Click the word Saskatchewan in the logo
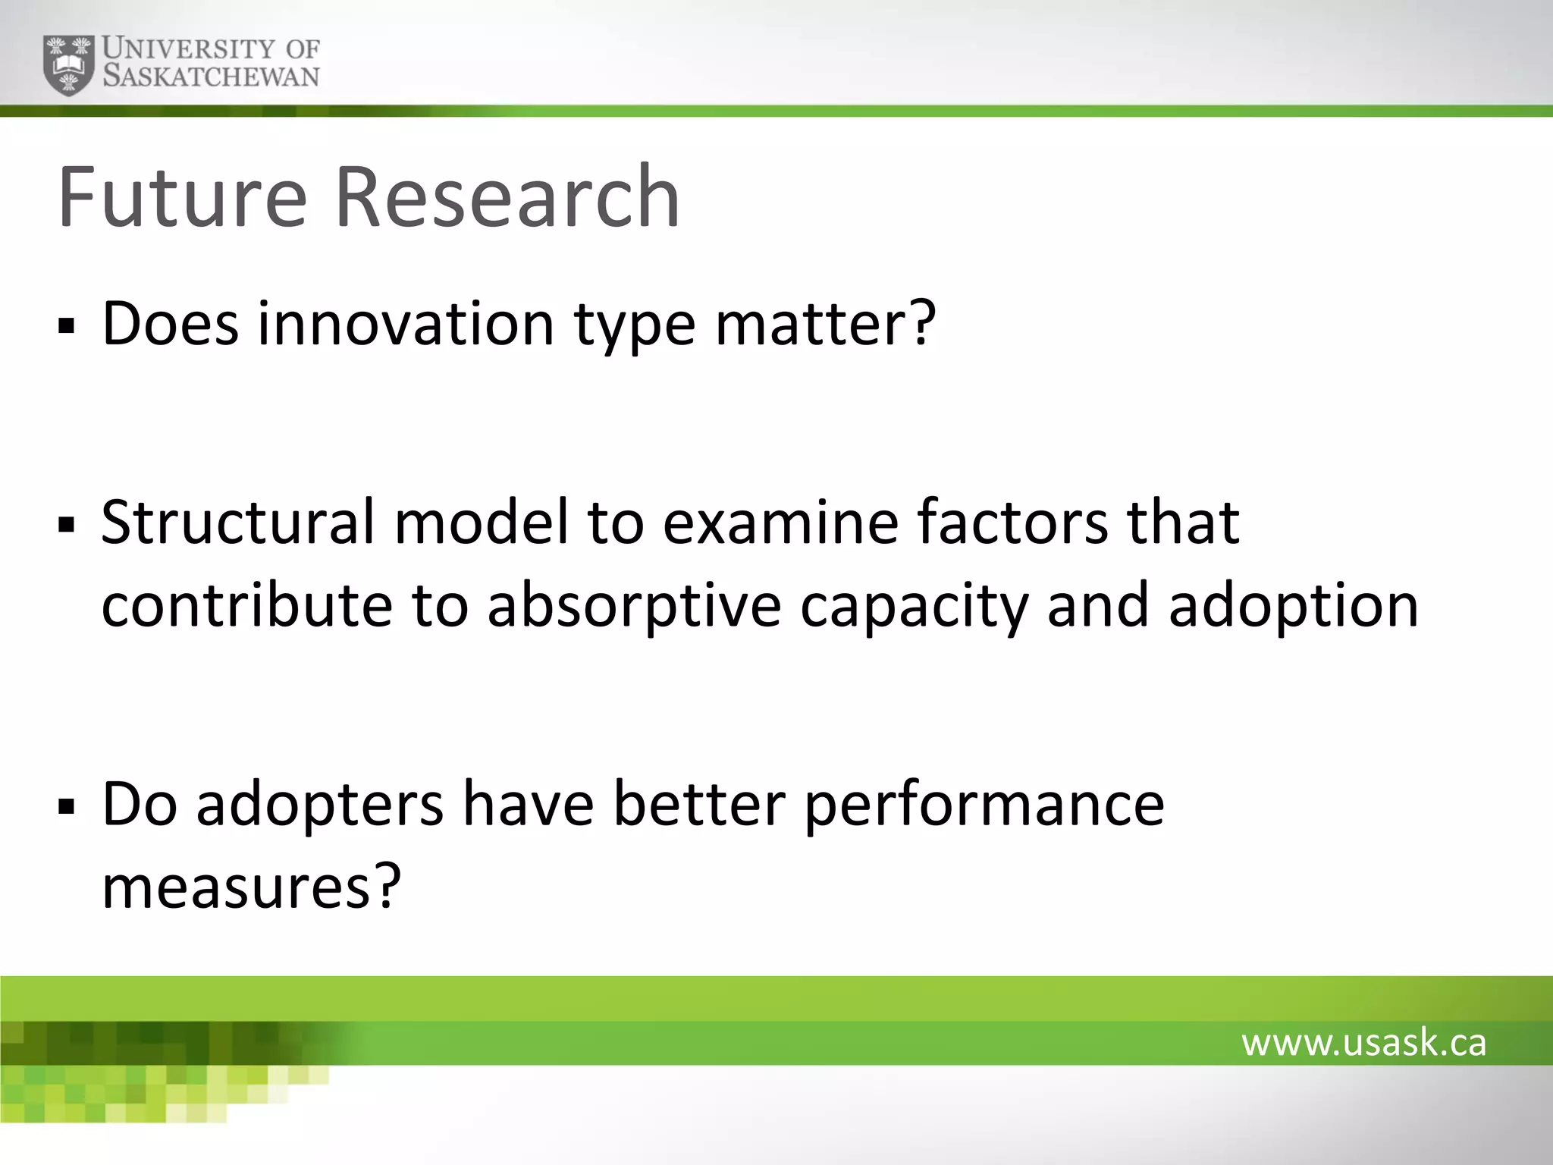coord(211,77)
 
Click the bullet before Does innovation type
coord(67,328)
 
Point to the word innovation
coord(406,324)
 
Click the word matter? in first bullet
coord(826,324)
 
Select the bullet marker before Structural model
coord(67,525)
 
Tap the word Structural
coord(237,523)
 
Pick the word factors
coord(1012,523)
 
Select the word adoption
coord(1293,606)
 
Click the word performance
coord(984,805)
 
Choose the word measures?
coord(250,887)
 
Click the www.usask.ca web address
coord(1363,1043)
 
